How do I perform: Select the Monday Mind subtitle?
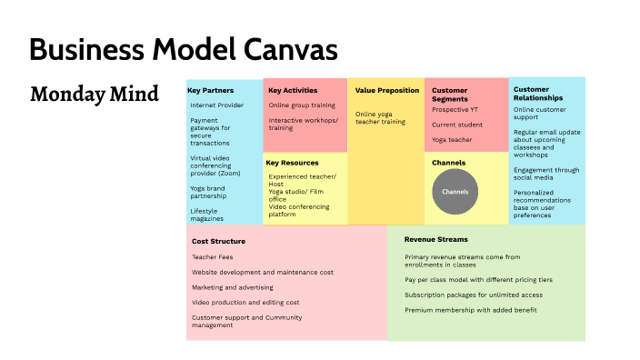[95, 94]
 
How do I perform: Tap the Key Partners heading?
[211, 91]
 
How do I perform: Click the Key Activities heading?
[293, 91]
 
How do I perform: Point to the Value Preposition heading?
[387, 91]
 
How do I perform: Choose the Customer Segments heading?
[450, 95]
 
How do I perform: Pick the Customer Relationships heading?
[538, 94]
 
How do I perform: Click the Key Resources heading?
[292, 163]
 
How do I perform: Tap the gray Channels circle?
[455, 193]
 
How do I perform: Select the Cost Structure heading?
[219, 242]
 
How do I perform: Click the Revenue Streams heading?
[436, 239]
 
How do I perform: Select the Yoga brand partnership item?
[208, 192]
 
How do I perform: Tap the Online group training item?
[302, 105]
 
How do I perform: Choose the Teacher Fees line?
[212, 257]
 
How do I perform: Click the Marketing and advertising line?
[234, 287]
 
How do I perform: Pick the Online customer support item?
[540, 114]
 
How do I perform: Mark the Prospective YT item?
[455, 110]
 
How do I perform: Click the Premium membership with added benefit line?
[470, 310]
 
